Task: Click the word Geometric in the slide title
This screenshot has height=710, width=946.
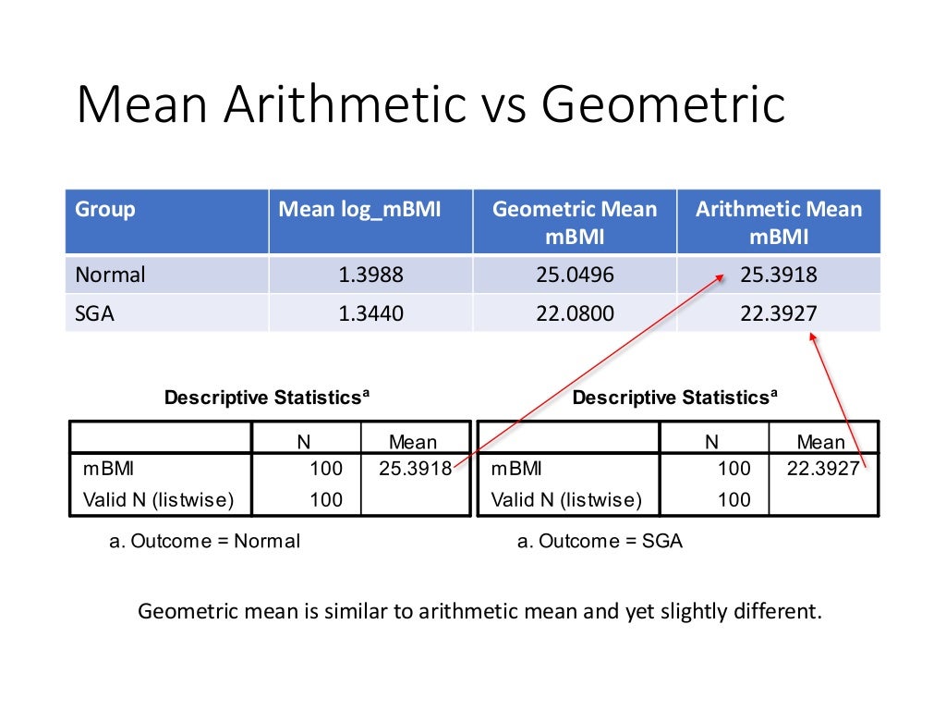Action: coord(663,105)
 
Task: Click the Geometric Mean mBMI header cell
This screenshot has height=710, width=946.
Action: coord(575,222)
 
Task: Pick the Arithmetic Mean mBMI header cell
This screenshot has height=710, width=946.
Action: coord(779,222)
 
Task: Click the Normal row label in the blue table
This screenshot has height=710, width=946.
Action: coord(111,275)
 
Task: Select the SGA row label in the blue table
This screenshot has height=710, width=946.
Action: coord(95,313)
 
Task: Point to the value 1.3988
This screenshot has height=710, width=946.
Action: coord(370,275)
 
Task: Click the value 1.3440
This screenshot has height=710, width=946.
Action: coord(370,313)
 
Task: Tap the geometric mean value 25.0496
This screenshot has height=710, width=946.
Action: coord(575,275)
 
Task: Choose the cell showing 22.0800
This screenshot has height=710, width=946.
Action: coord(575,313)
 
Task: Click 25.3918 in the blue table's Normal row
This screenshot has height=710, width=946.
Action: coord(779,275)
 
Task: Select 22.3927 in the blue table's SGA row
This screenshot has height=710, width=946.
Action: coord(779,313)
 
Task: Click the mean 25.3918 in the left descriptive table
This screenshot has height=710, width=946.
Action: coord(416,469)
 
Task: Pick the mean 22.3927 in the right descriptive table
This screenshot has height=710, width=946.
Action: coord(823,469)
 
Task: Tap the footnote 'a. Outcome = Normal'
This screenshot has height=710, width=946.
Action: coord(205,542)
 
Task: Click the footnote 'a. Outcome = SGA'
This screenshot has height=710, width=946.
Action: coord(600,542)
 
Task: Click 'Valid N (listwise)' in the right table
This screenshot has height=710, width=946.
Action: coord(565,500)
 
